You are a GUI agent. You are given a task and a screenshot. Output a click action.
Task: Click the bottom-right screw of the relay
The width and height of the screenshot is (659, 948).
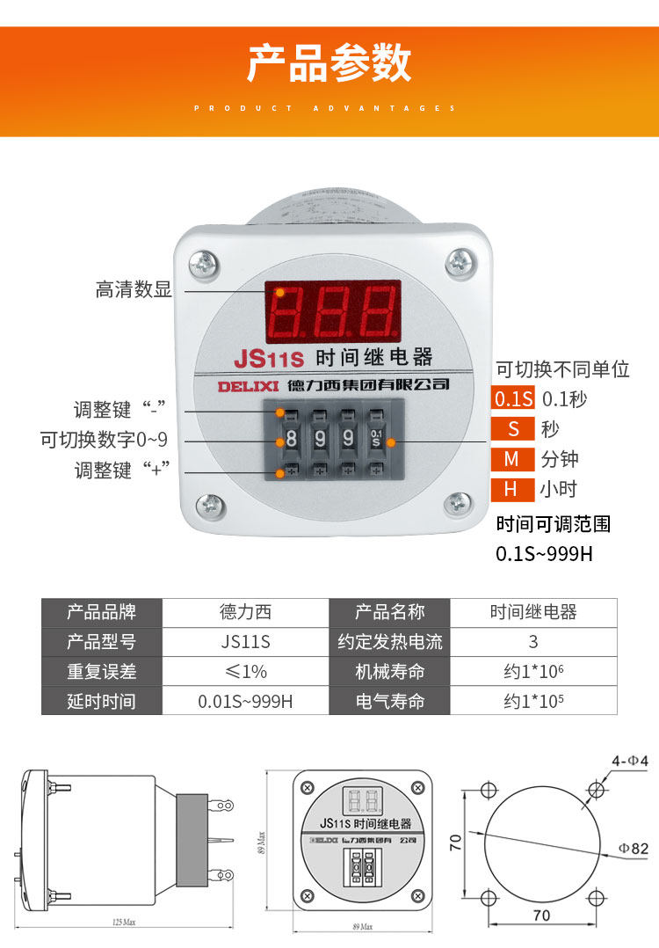point(458,504)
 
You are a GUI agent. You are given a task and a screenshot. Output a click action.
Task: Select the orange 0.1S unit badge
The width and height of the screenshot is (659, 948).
point(513,399)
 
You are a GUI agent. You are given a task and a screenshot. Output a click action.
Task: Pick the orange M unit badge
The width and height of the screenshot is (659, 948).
point(512,459)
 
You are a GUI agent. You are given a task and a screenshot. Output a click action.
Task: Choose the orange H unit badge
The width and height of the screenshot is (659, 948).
point(512,489)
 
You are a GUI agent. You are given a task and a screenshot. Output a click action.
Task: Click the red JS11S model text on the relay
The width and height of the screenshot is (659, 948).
point(268,359)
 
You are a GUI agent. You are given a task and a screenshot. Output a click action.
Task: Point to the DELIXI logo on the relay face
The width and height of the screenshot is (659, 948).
point(248,385)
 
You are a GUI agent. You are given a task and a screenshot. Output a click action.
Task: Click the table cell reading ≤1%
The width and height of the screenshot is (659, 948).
point(246,671)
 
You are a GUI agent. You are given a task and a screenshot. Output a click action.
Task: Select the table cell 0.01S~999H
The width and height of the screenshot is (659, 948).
point(246,701)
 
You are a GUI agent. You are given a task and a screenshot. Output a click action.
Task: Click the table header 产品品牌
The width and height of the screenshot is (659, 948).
point(102,612)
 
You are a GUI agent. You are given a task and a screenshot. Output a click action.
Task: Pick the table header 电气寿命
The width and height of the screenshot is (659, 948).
point(389,701)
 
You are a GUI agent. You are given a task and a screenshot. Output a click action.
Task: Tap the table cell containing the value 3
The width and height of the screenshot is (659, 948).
point(533,642)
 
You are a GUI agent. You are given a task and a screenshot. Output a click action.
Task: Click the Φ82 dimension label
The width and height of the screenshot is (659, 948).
point(632,848)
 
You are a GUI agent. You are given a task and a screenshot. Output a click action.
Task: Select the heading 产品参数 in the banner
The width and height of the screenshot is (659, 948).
point(329,63)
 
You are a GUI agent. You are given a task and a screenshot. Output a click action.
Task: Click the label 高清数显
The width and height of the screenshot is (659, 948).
point(134,289)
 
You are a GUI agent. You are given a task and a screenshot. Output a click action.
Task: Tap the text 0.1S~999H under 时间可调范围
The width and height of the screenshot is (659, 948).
point(545,554)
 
